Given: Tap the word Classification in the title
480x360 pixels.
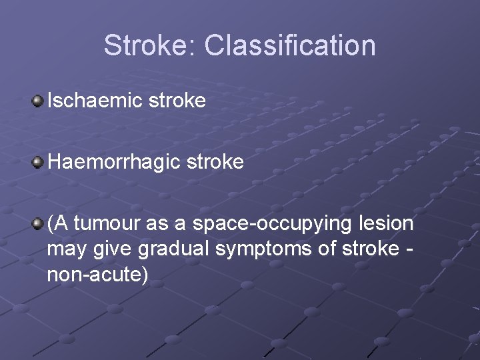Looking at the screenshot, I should point(290,45).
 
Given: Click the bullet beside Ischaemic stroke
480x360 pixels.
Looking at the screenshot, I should point(38,101).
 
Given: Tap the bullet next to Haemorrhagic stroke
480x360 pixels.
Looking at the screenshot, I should point(38,162).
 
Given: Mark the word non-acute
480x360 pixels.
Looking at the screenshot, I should point(97,274).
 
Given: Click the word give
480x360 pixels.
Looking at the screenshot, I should point(107,249).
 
